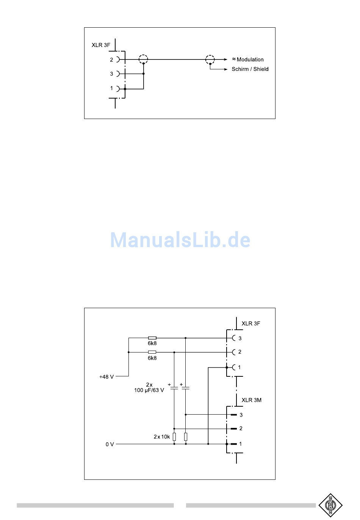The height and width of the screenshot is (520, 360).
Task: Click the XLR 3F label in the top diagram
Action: point(101,45)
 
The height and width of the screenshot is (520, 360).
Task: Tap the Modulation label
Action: point(250,60)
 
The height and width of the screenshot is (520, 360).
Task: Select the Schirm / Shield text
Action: point(250,69)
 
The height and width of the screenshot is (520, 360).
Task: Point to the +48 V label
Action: point(106,377)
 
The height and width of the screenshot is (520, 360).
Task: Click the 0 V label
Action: point(110,444)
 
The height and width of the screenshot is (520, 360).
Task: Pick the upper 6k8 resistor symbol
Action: point(152,338)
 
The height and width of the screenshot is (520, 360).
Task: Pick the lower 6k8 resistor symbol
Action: point(152,352)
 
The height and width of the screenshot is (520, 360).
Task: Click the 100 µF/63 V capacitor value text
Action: point(149,390)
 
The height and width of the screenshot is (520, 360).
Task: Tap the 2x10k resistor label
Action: point(162,437)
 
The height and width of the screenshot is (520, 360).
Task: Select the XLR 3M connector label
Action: point(251,400)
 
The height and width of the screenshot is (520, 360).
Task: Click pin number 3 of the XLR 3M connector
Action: point(241,415)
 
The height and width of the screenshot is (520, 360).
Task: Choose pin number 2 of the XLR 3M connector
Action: point(241,428)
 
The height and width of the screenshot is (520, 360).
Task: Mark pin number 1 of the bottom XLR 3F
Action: point(239,367)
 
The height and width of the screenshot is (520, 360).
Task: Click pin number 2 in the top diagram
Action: point(111,60)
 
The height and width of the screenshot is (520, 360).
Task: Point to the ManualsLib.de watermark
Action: point(180,240)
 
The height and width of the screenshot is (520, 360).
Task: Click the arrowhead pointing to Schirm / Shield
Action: point(225,69)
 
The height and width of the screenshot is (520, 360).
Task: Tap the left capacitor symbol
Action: point(174,388)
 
